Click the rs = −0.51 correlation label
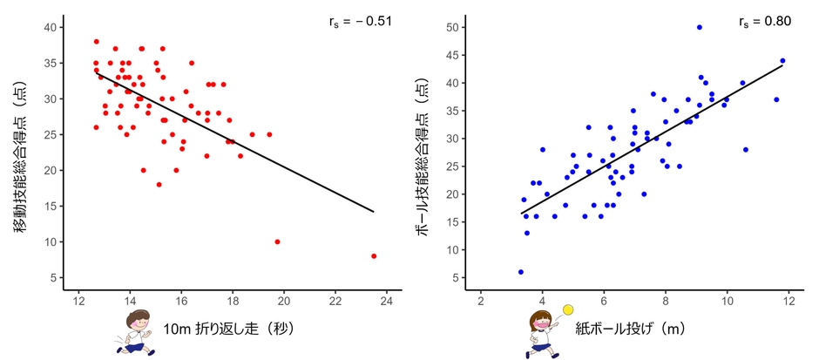(x=358, y=21)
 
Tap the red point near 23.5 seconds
(x=374, y=255)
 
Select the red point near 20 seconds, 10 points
(x=277, y=241)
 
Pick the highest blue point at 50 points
(x=699, y=27)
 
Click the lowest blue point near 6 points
(x=521, y=272)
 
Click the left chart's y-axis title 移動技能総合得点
(x=21, y=153)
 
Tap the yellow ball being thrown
(x=568, y=309)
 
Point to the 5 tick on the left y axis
(x=53, y=277)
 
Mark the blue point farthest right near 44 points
(x=782, y=61)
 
